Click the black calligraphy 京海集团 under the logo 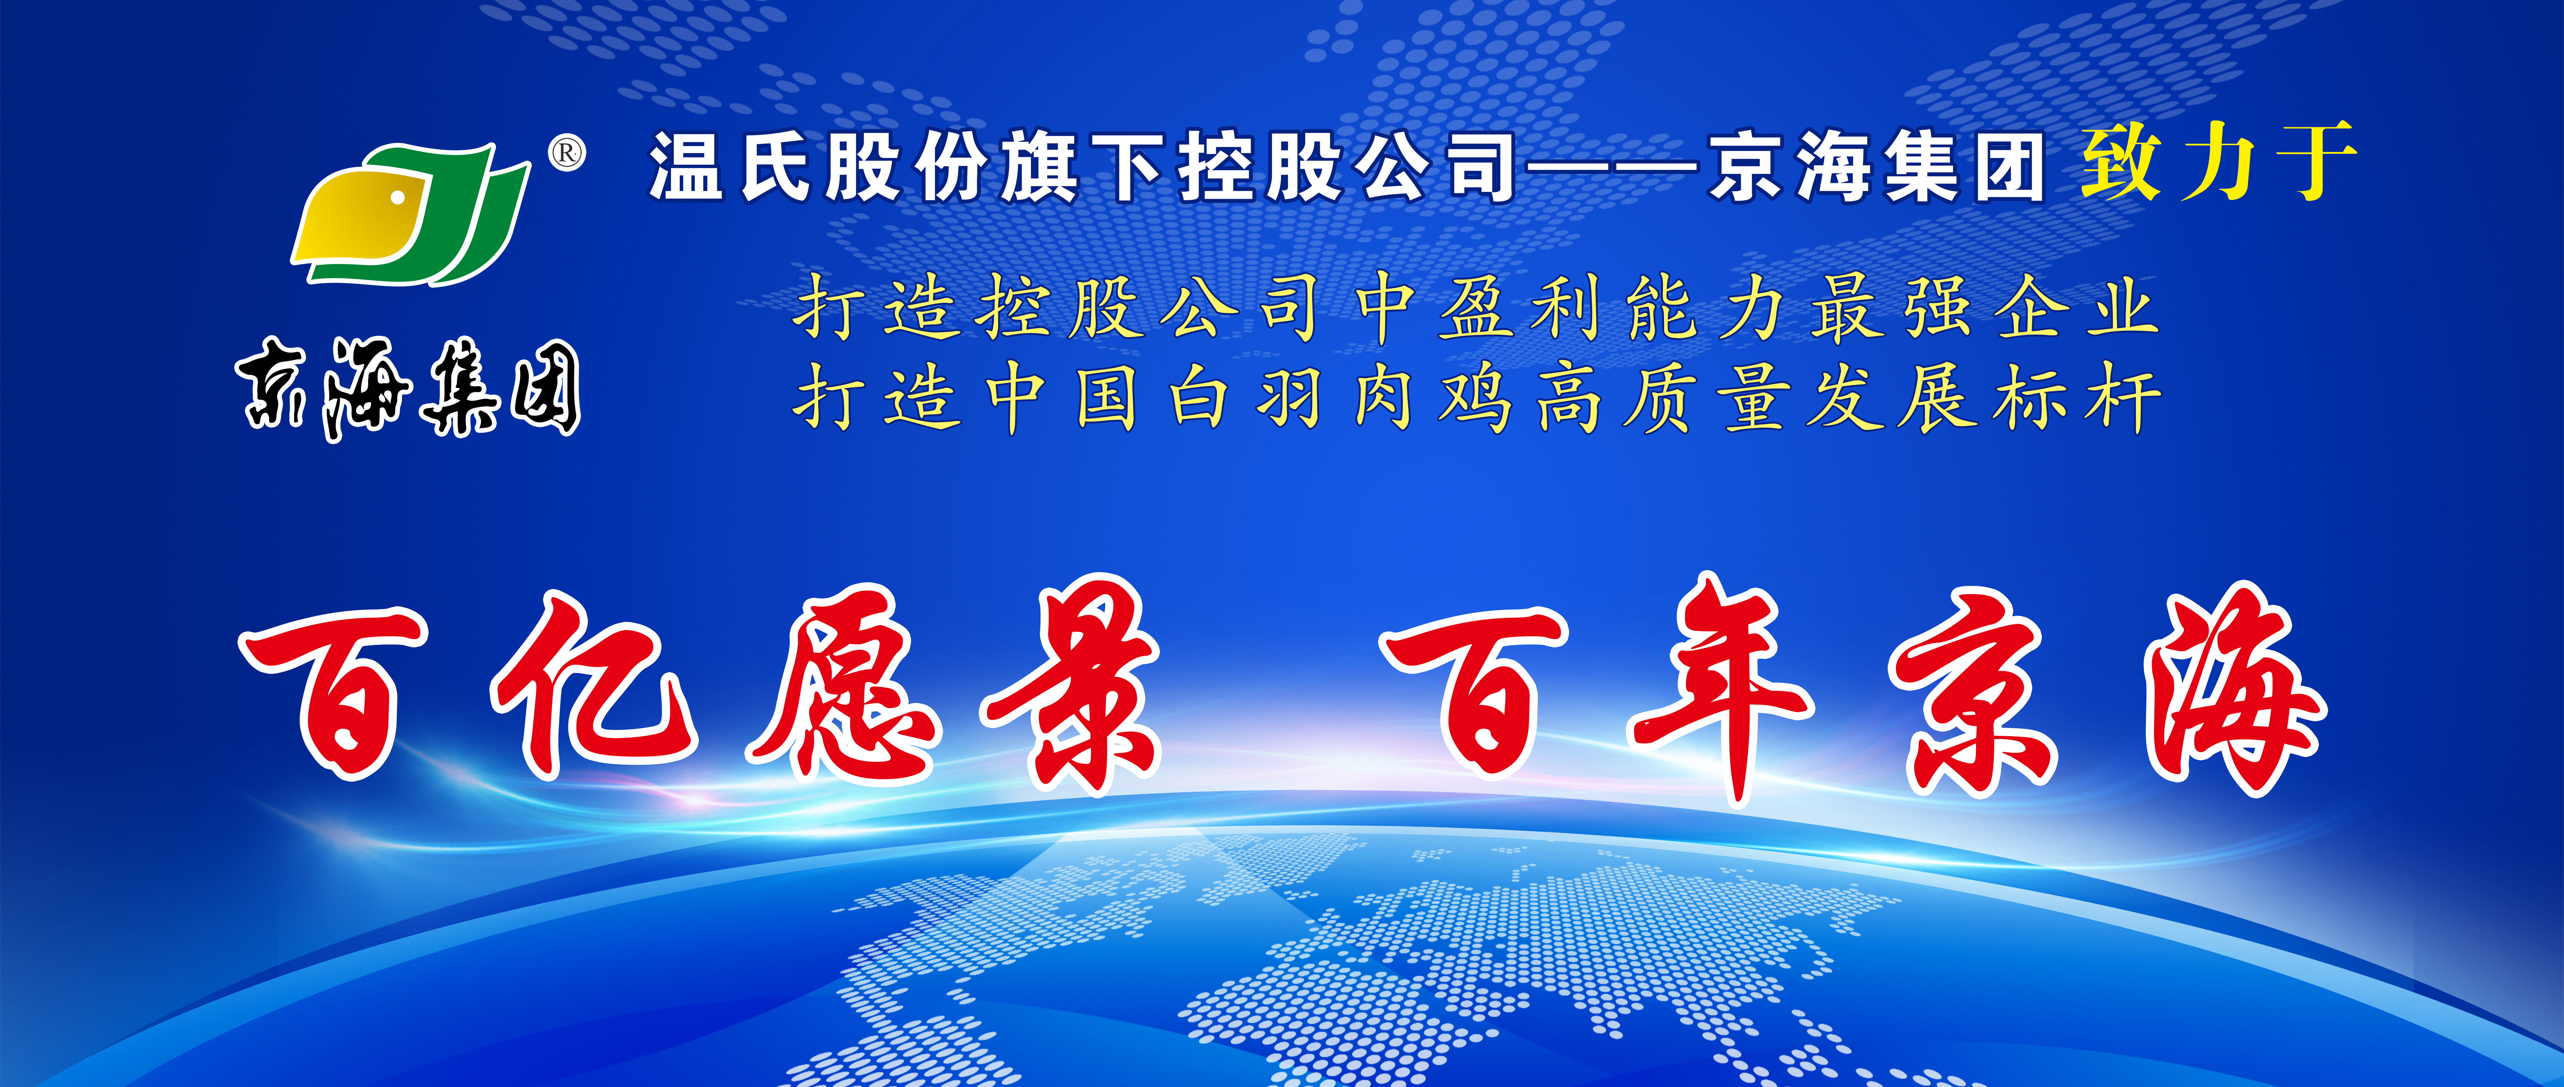408,388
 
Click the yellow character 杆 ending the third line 2125,398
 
